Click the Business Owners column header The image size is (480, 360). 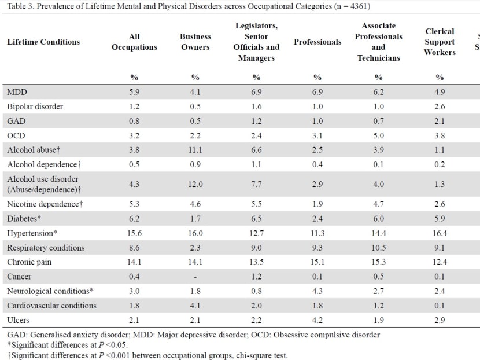pyautogui.click(x=195, y=42)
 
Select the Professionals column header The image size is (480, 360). pyautogui.click(x=317, y=42)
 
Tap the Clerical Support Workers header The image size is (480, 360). pyautogui.click(x=440, y=42)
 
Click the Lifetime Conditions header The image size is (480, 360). pyautogui.click(x=43, y=42)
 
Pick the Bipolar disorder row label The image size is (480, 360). pyautogui.click(x=35, y=106)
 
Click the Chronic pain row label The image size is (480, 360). pyautogui.click(x=29, y=262)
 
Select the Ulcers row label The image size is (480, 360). pyautogui.click(x=18, y=320)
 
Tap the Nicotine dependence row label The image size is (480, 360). pyautogui.click(x=45, y=204)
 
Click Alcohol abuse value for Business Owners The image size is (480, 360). pyautogui.click(x=195, y=150)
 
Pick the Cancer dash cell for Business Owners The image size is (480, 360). pyautogui.click(x=195, y=277)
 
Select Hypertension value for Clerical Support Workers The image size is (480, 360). pyautogui.click(x=440, y=233)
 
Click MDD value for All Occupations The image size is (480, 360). pyautogui.click(x=134, y=92)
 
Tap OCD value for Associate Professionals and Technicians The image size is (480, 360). pyautogui.click(x=378, y=135)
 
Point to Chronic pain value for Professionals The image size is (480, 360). pyautogui.click(x=317, y=262)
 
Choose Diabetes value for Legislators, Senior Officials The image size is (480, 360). pyautogui.click(x=256, y=218)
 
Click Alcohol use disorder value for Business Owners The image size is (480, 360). pyautogui.click(x=195, y=184)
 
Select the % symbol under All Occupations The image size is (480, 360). pyautogui.click(x=134, y=77)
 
